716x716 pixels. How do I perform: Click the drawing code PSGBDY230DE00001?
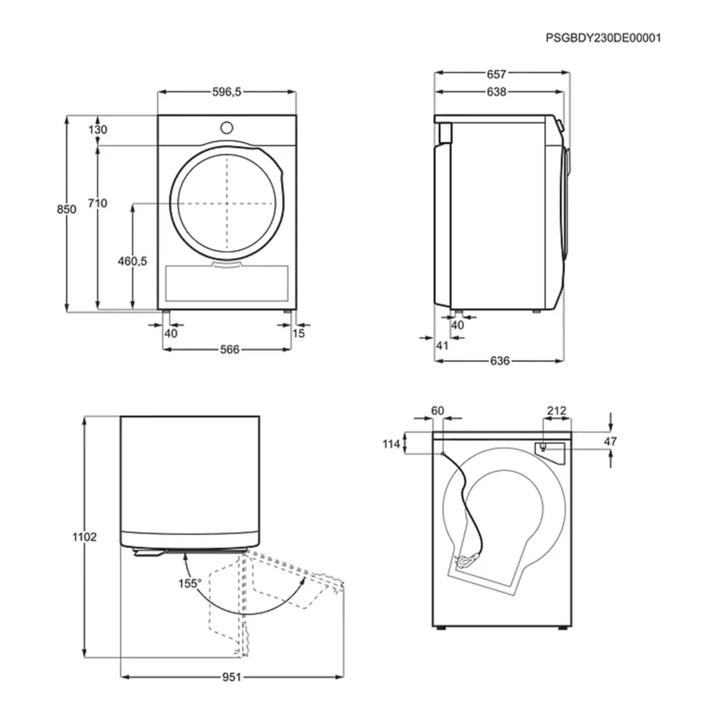(603, 36)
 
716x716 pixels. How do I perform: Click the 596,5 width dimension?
(228, 92)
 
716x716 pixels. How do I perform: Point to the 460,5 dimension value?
(132, 261)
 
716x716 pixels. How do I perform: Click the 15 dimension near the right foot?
(299, 333)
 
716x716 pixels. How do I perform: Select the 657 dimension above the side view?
(496, 75)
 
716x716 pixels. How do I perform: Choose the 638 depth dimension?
(496, 92)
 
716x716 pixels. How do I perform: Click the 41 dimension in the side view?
(442, 346)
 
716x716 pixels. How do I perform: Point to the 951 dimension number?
(231, 676)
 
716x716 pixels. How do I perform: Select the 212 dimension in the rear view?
(557, 411)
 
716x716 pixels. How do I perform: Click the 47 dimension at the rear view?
(610, 441)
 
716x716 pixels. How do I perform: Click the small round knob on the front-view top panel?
(227, 127)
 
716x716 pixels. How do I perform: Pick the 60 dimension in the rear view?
(436, 411)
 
